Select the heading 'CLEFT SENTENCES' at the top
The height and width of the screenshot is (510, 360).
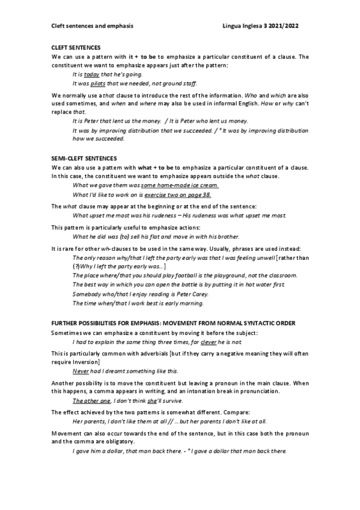(76, 47)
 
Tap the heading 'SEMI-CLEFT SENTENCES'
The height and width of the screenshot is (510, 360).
(84, 156)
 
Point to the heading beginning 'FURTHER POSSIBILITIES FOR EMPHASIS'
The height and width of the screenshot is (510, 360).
(173, 323)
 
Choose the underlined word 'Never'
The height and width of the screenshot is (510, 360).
(81, 371)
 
